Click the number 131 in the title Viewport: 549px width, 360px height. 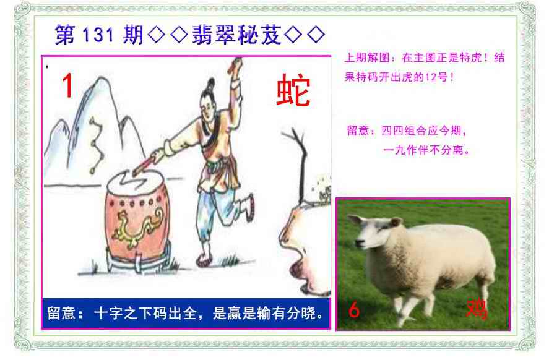point(98,35)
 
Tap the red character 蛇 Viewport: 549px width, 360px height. point(293,90)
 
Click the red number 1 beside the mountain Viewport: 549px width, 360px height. point(67,85)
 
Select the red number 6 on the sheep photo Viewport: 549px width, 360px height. point(354,310)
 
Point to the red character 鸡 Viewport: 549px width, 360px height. point(477,309)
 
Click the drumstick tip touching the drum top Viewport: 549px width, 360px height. point(135,173)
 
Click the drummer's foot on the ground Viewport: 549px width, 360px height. point(204,260)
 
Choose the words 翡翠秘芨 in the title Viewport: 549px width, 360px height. point(236,35)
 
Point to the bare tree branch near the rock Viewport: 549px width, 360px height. point(298,158)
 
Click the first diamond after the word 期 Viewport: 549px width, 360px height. point(157,35)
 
